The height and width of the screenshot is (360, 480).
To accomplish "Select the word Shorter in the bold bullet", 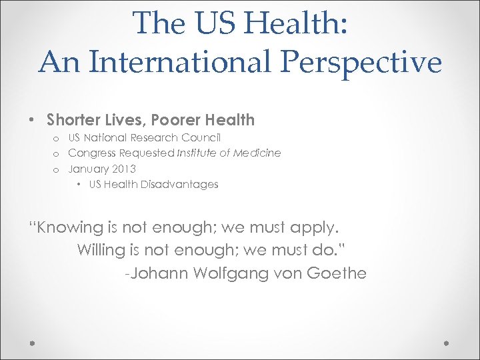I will coord(74,120).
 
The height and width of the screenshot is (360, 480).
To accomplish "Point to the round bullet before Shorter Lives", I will coord(32,121).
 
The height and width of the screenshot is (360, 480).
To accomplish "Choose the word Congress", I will coord(93,153).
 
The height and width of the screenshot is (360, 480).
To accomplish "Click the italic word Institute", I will coord(198,153).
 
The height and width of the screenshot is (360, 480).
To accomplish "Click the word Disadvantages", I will coord(179,184).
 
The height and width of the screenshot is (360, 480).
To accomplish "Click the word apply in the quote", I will coord(312,227).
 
